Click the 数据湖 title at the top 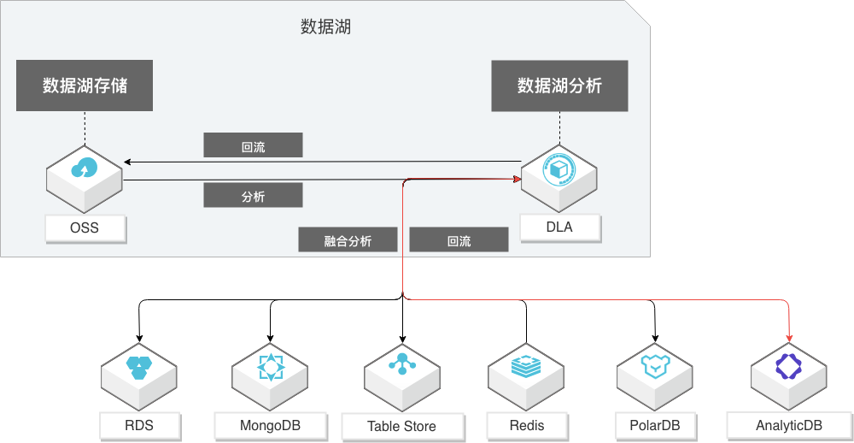(x=325, y=27)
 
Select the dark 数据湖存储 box (x=85, y=85)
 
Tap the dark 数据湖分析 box (x=559, y=86)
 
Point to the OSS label (x=85, y=227)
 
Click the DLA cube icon (x=559, y=168)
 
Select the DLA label (x=559, y=227)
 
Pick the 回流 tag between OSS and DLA (x=253, y=146)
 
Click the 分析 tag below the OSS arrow (x=253, y=196)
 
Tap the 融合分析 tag (x=348, y=240)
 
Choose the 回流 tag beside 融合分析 (x=459, y=240)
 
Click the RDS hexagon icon (x=138, y=368)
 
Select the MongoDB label (x=270, y=424)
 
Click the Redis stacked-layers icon (x=526, y=367)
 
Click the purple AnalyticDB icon (x=788, y=367)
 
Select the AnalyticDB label (x=788, y=425)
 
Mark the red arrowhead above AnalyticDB (x=789, y=335)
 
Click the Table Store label (x=401, y=426)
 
